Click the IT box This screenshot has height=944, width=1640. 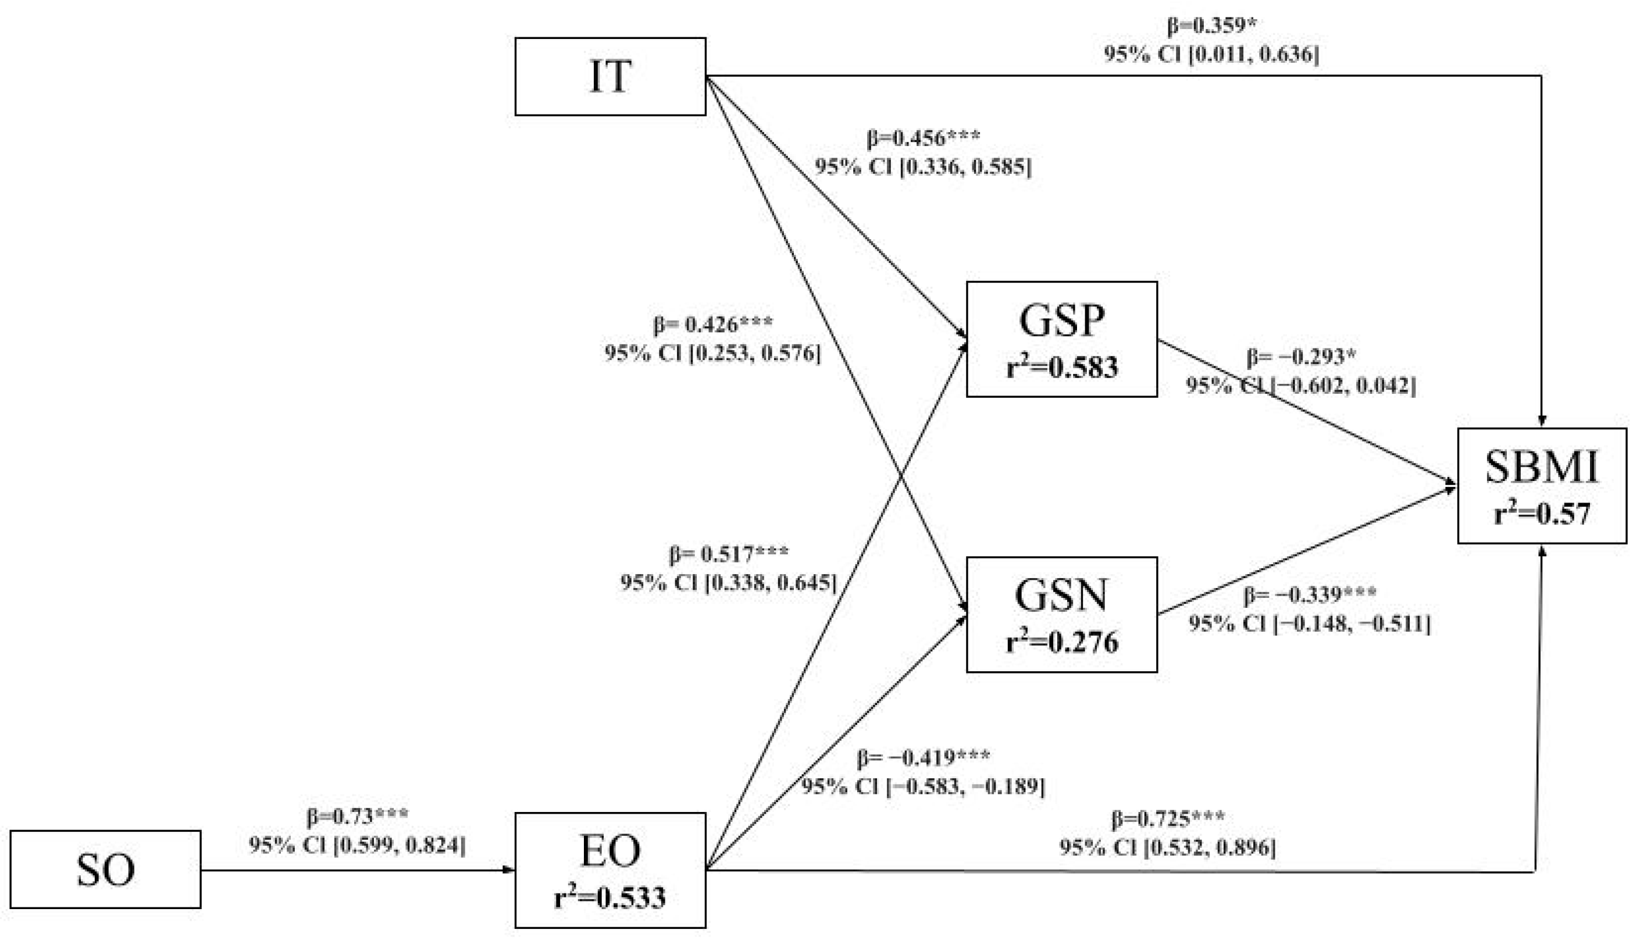point(610,77)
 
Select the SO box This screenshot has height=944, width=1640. point(105,870)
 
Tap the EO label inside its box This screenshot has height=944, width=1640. point(610,852)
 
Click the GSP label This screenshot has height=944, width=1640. point(1061,320)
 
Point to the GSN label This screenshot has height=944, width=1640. point(1061,596)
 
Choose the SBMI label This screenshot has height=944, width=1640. point(1542,468)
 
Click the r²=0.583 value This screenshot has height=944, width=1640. point(1062,368)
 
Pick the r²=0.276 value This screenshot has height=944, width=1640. point(1062,643)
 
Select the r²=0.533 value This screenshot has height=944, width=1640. point(610,898)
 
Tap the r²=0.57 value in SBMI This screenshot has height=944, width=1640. point(1542,514)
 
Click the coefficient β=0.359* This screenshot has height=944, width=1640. point(1211,26)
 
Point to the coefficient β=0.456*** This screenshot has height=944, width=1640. point(923,138)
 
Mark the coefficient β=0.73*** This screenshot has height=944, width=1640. point(357,816)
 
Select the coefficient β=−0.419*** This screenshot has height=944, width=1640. point(923,757)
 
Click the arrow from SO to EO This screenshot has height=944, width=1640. point(356,870)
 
